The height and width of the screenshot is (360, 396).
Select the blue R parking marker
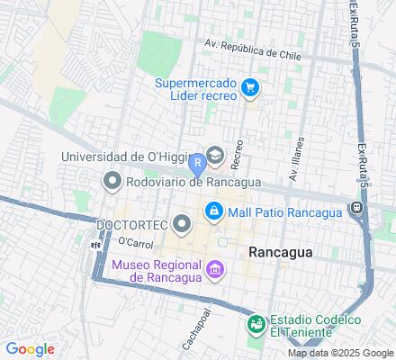coord(197,166)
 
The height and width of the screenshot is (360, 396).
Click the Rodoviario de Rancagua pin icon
coord(112,182)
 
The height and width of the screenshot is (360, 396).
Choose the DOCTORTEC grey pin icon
coord(183,222)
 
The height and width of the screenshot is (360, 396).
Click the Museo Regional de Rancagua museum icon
coord(214,269)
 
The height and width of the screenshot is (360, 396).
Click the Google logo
coord(30,349)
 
